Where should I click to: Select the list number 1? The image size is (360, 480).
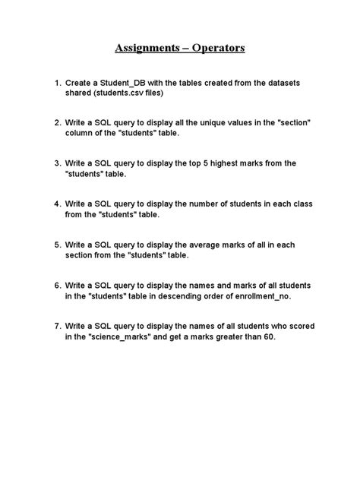tap(58, 81)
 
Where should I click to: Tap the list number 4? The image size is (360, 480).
tap(58, 204)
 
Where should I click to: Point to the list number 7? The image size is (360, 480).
tap(58, 327)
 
